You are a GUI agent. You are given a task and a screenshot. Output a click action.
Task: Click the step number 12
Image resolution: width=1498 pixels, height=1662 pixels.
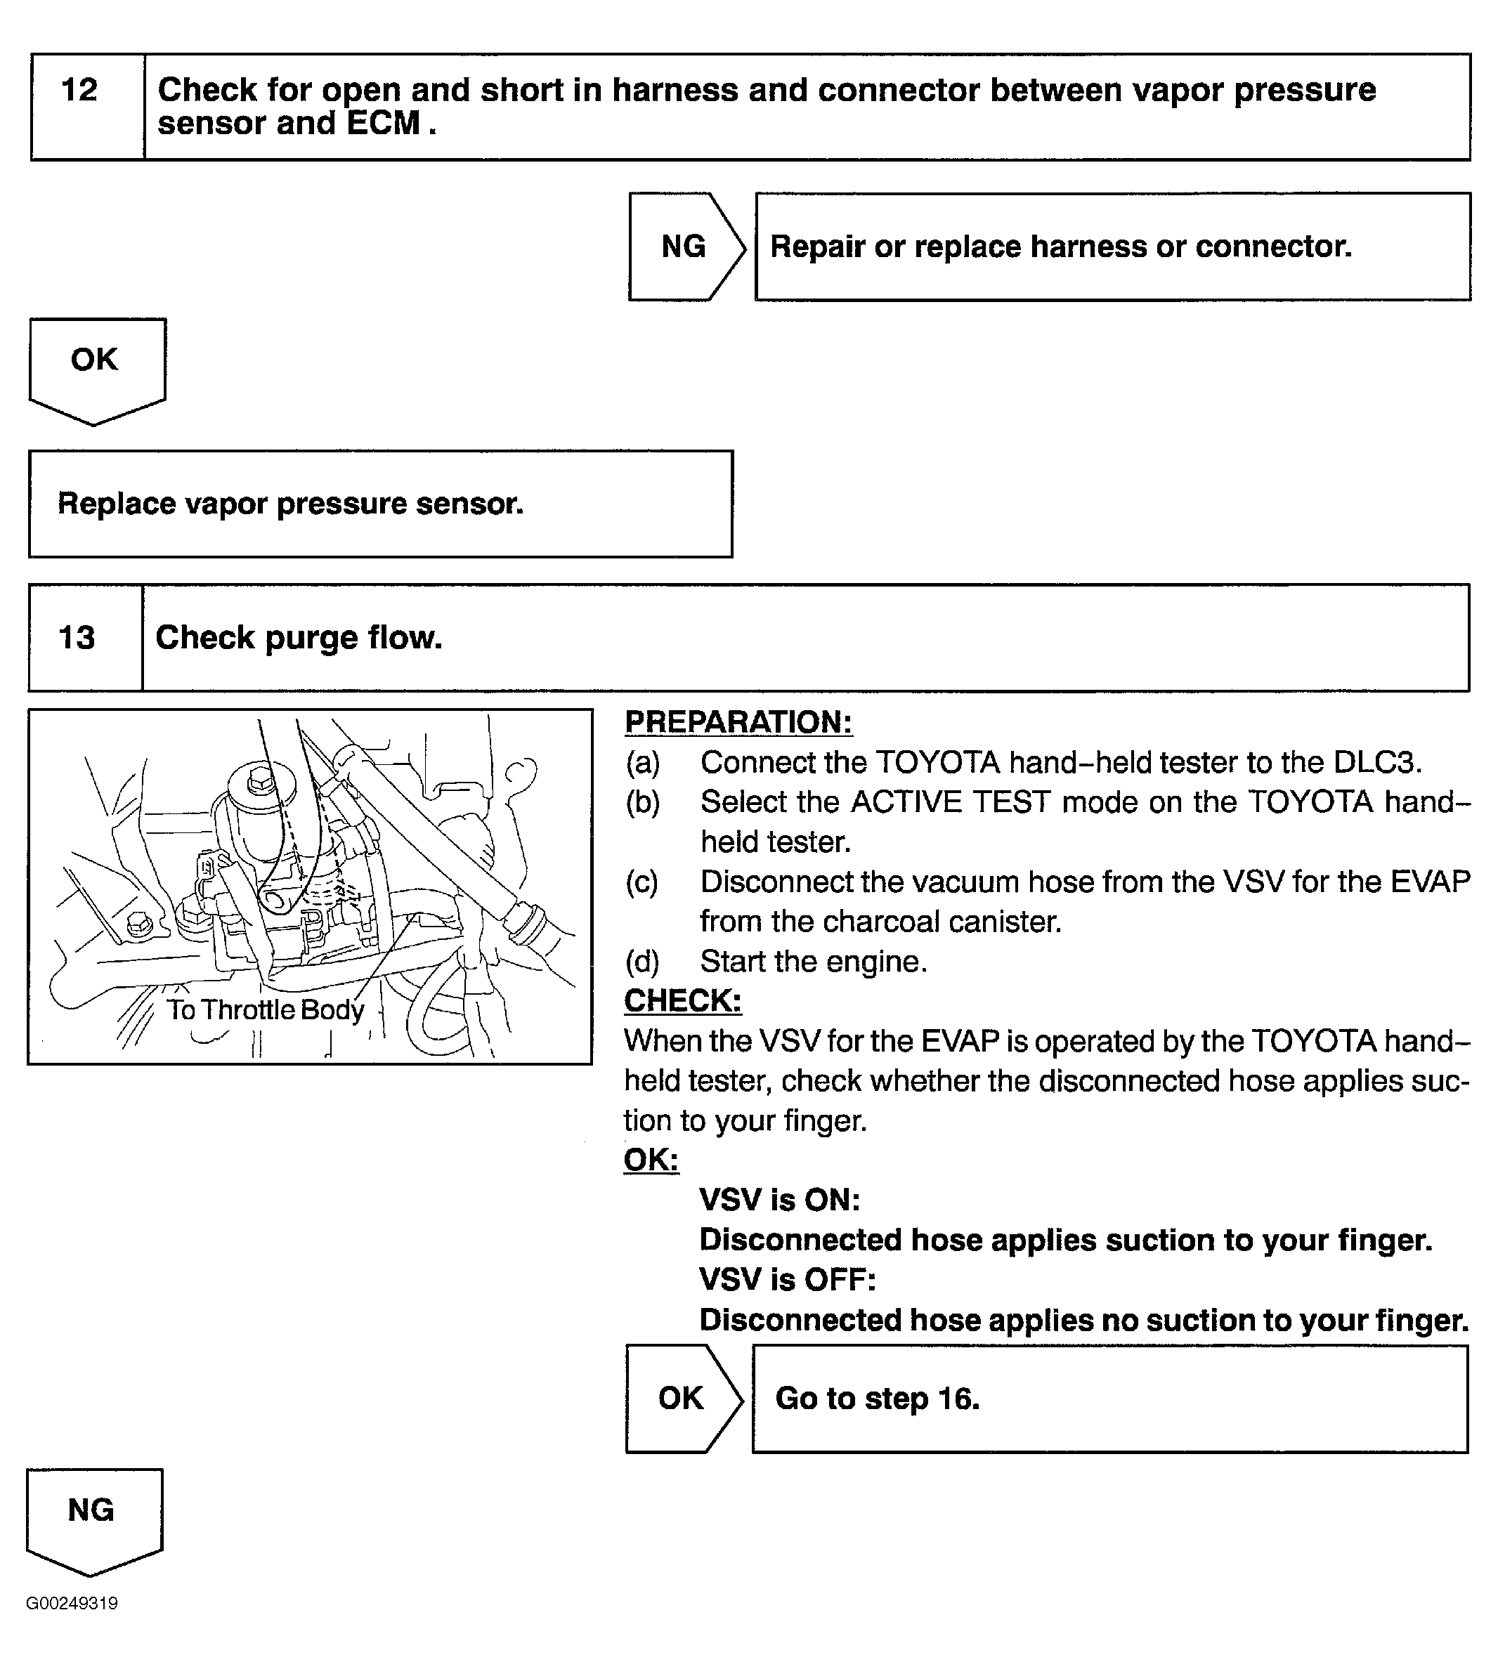point(80,90)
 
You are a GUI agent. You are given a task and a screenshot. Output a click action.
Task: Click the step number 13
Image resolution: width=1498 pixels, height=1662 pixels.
point(77,638)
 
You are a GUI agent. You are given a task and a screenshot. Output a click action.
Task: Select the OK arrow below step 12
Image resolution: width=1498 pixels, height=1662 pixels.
point(96,362)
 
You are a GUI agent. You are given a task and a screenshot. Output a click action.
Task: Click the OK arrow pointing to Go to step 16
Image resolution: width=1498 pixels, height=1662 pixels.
point(682,1398)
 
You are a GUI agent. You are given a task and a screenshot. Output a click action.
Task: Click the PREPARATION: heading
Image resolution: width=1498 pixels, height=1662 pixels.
point(738,721)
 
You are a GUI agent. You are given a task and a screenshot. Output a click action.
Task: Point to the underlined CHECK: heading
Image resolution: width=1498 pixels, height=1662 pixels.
point(682,1000)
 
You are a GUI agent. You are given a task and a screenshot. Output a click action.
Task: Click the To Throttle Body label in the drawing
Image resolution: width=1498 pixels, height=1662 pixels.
point(265,1009)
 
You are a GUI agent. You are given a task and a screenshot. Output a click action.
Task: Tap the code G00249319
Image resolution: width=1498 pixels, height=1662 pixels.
point(72,1603)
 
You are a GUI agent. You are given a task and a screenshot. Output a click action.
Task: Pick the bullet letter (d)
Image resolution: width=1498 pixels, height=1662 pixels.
point(642,961)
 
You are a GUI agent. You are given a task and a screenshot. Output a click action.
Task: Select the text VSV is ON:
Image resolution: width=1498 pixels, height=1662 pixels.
point(779,1200)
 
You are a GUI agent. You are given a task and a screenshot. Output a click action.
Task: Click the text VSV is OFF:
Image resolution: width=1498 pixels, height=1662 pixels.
point(788,1279)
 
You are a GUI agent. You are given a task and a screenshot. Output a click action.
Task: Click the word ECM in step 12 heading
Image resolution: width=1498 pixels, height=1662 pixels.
point(384,124)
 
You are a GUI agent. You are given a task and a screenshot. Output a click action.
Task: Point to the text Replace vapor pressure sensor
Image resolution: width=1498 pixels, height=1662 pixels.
point(291,504)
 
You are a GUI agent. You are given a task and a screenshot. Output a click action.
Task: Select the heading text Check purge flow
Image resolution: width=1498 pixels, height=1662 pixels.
point(299,638)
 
